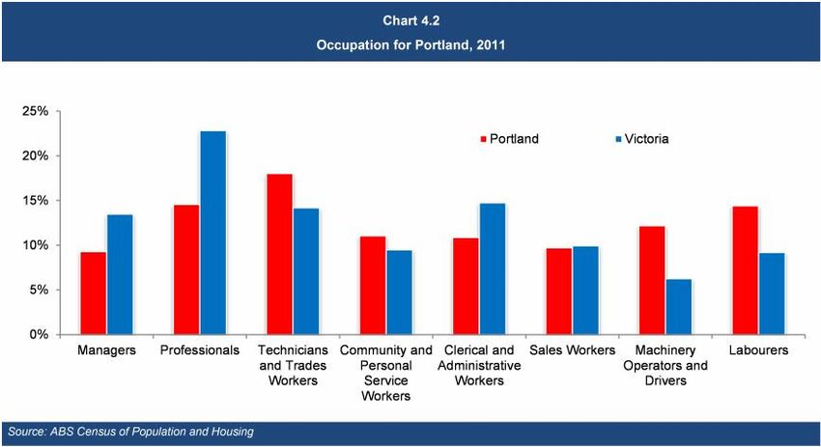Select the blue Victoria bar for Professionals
[x=212, y=233]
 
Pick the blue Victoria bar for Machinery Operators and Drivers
[x=679, y=307]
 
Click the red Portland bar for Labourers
[x=745, y=270]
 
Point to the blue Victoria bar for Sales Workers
[x=585, y=291]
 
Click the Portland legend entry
[x=509, y=139]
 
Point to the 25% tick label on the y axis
[x=36, y=112]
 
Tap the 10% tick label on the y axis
[x=36, y=245]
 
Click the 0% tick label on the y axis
[x=40, y=335]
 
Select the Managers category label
[x=106, y=350]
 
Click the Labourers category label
[x=758, y=350]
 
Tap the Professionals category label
[x=199, y=350]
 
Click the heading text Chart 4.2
[x=410, y=20]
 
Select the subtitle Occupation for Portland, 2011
[x=410, y=45]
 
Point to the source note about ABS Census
[x=130, y=432]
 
